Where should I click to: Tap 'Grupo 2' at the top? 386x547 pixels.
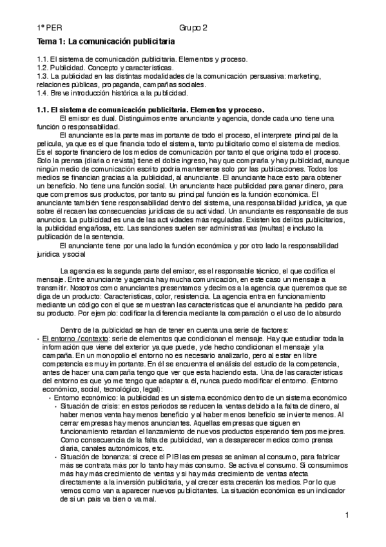(x=193, y=28)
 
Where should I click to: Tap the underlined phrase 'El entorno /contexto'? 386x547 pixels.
(x=72, y=337)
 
